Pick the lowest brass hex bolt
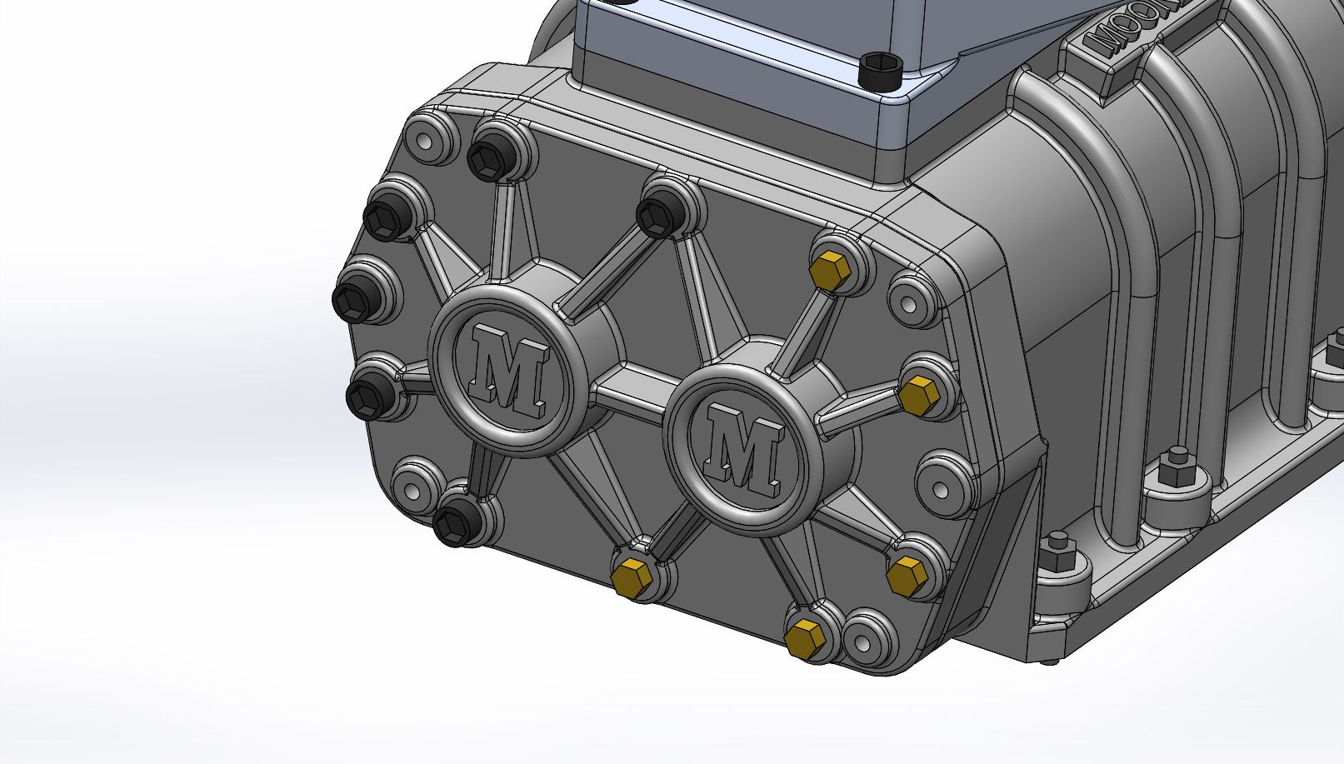pyautogui.click(x=805, y=637)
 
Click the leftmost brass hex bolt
pyautogui.click(x=631, y=577)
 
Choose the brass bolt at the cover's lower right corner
pyautogui.click(x=902, y=576)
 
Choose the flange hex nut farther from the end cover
pyautogui.click(x=1177, y=463)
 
